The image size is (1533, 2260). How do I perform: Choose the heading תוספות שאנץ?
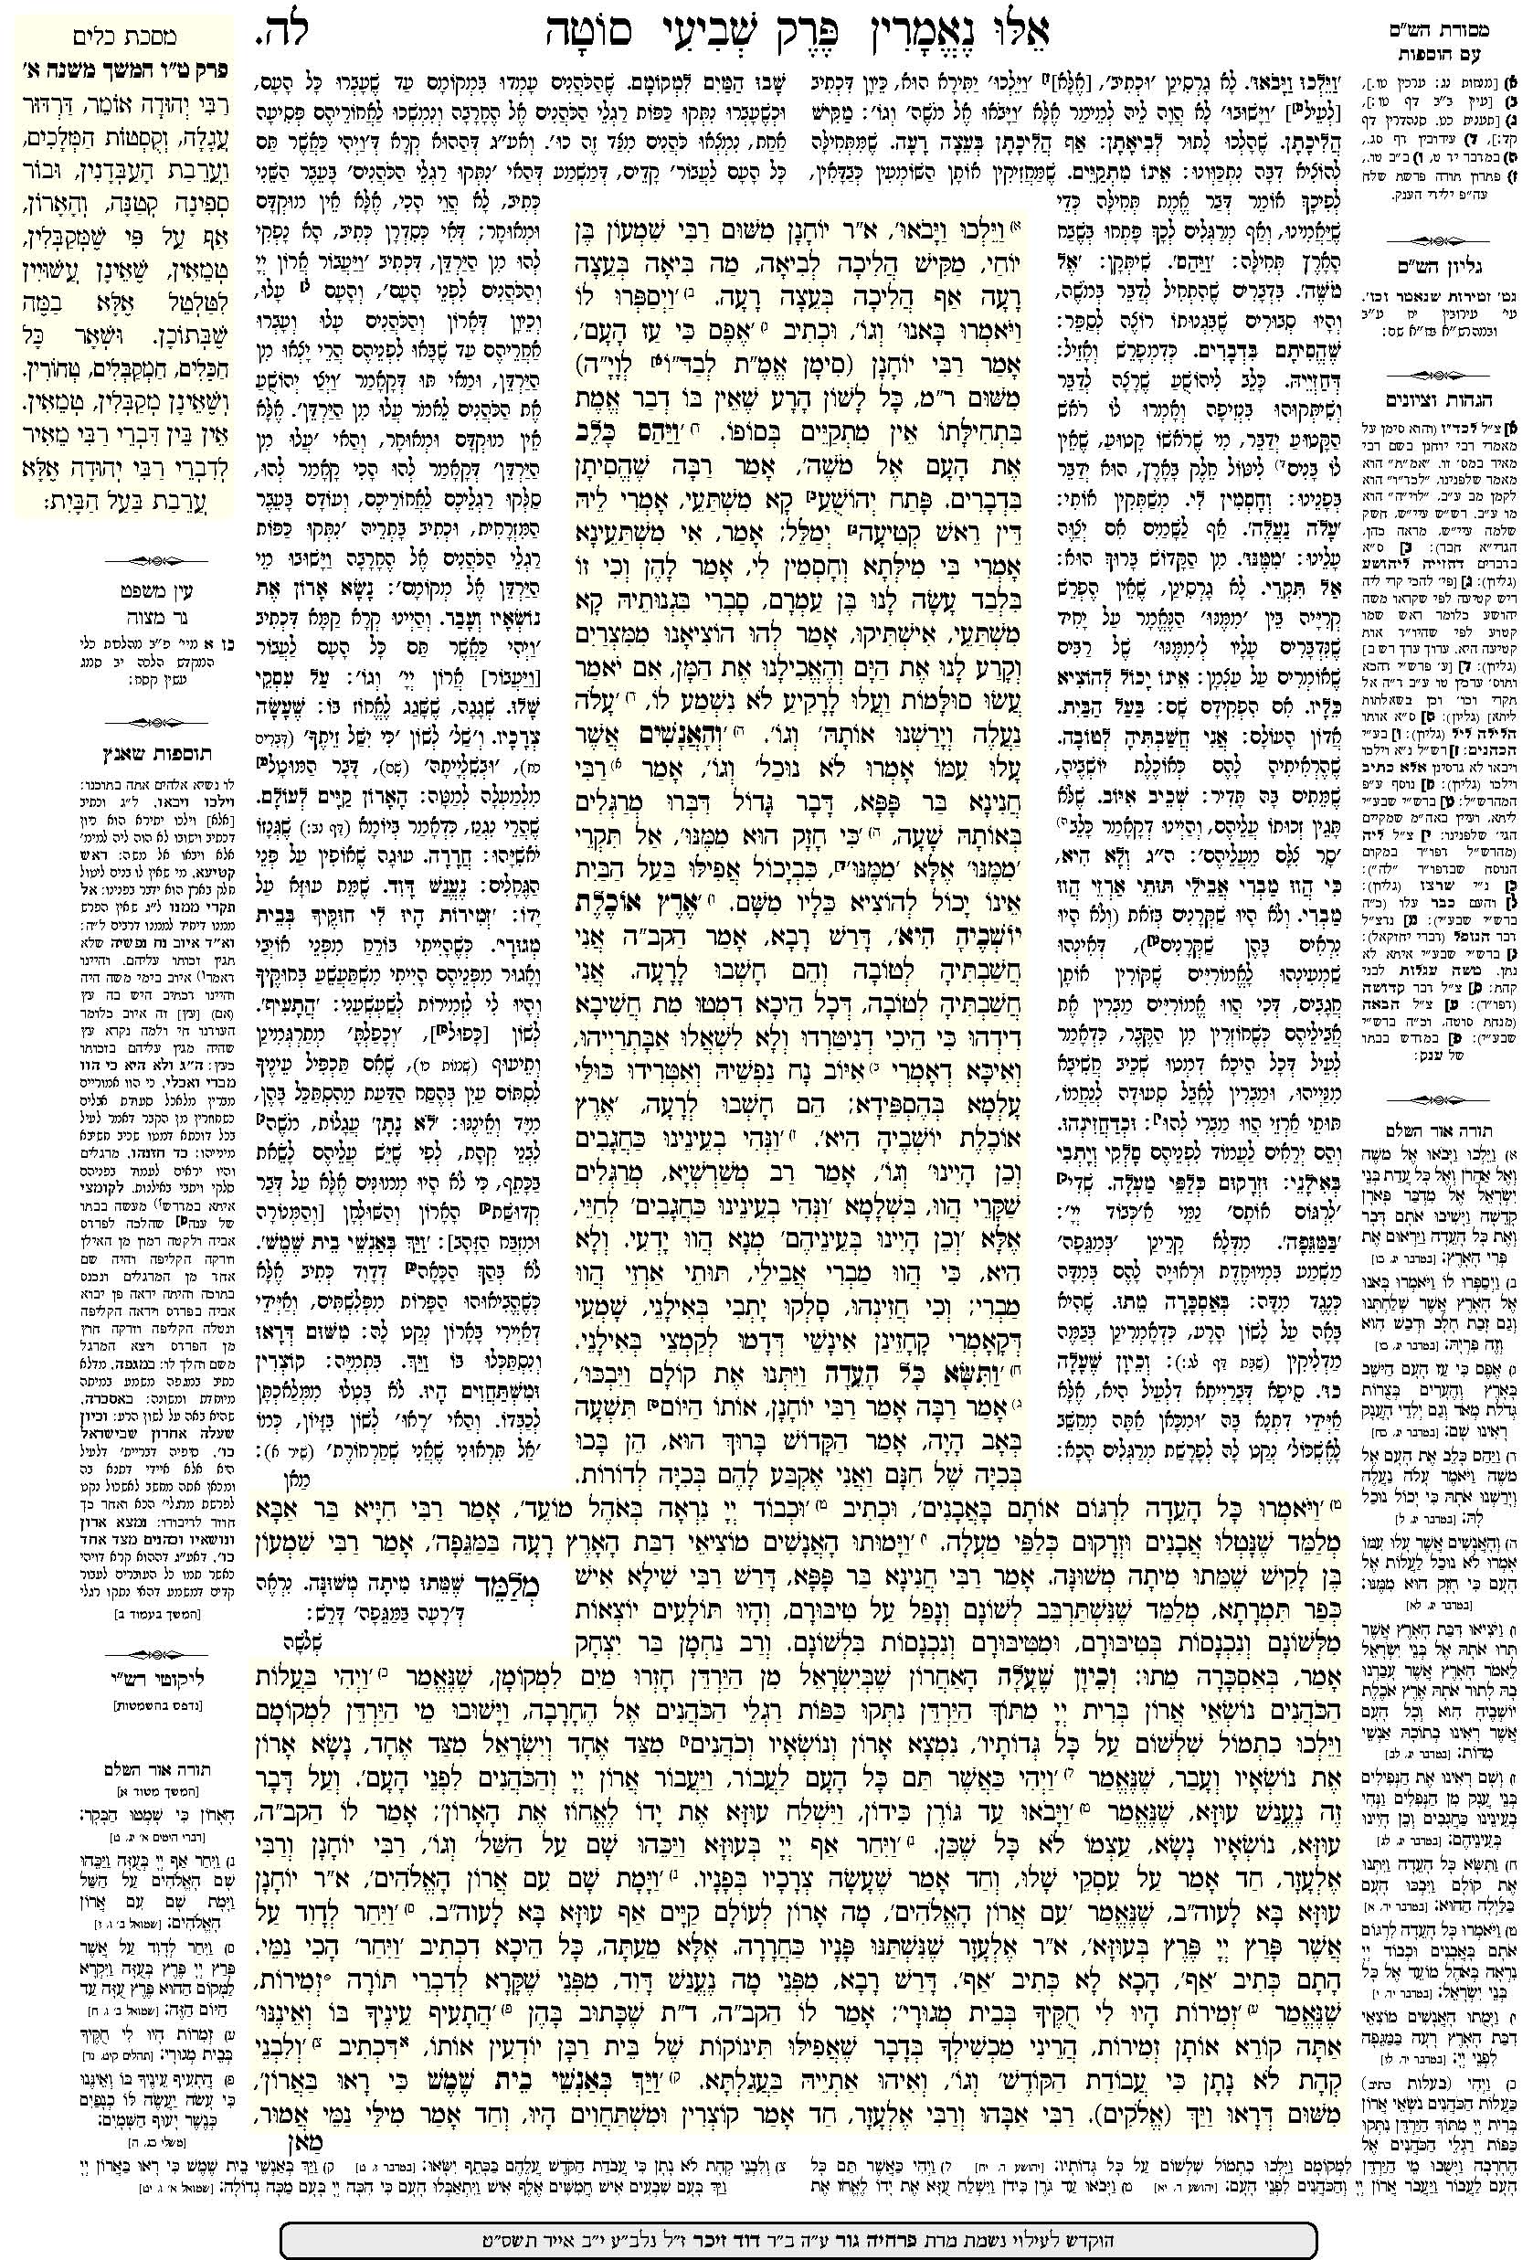click(116, 752)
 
